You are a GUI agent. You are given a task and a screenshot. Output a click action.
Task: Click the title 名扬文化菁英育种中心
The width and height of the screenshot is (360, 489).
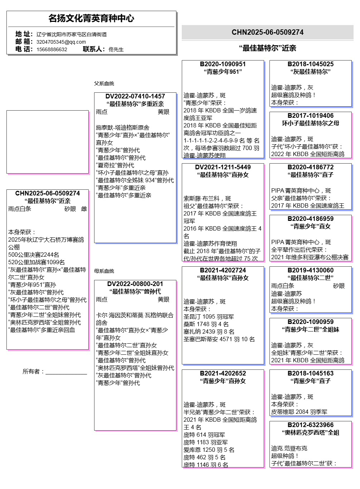tap(91, 18)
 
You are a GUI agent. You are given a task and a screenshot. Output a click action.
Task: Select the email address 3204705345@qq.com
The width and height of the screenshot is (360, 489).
tap(61, 42)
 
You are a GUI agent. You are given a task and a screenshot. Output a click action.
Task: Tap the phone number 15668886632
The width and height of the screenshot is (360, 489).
tap(52, 49)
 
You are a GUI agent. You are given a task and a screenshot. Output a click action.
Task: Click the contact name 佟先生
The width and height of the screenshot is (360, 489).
tap(116, 49)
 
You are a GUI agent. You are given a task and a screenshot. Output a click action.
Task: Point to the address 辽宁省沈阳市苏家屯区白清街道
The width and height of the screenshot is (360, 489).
tap(72, 34)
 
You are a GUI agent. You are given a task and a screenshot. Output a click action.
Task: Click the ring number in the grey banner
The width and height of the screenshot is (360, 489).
tap(267, 32)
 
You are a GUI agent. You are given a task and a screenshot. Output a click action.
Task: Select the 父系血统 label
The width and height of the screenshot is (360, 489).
tap(104, 83)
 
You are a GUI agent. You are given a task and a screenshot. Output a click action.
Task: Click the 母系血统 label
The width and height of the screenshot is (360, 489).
tap(104, 271)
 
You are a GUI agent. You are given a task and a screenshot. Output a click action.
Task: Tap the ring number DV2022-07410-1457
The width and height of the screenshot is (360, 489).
tap(135, 96)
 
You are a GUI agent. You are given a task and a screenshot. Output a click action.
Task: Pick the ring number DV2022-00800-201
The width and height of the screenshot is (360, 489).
tap(135, 284)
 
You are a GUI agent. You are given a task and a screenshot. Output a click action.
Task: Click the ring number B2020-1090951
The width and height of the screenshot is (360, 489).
tap(223, 64)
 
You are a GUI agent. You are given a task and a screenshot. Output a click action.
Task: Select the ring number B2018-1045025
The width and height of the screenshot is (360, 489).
tap(311, 64)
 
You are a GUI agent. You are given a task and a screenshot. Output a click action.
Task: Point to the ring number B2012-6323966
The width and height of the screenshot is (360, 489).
tap(311, 425)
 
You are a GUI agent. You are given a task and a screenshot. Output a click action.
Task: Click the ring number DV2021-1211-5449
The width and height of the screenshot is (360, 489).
tap(223, 167)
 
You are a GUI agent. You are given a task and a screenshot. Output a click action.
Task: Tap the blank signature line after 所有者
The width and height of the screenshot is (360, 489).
tap(66, 374)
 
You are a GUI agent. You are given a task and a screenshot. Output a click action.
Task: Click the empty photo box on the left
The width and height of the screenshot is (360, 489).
tap(48, 142)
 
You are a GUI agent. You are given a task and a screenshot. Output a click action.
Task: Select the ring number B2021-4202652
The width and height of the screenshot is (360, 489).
tap(223, 373)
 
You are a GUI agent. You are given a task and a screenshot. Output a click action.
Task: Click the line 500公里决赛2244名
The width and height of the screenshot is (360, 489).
tap(34, 255)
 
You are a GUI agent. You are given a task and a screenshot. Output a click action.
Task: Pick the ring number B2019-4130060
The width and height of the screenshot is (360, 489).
tap(311, 270)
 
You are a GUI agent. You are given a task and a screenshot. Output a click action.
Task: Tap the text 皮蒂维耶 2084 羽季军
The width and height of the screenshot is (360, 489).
tap(299, 412)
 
